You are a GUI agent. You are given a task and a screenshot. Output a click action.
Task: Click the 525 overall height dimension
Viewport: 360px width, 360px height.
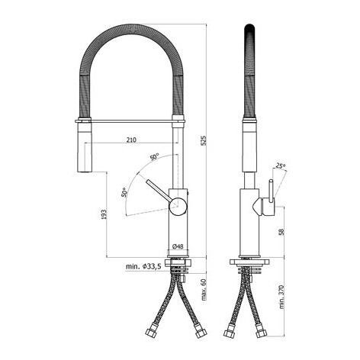204,140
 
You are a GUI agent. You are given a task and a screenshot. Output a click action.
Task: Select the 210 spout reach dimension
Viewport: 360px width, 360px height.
131,140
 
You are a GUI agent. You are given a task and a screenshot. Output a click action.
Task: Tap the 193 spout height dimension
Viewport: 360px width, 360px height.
104,214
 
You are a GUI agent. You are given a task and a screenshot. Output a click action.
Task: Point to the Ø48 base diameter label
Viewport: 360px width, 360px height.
178,246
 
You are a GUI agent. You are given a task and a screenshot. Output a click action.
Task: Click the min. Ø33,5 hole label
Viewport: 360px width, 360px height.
143,266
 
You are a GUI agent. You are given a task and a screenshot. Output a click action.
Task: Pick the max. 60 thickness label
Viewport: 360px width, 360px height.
204,290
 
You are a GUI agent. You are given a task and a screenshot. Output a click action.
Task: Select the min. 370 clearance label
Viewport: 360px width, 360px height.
281,297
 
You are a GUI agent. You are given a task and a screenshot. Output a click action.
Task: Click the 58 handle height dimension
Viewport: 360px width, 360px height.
281,232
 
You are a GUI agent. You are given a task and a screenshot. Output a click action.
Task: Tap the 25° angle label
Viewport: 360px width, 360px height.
280,166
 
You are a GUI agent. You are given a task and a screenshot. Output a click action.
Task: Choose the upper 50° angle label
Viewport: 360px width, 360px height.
154,157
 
